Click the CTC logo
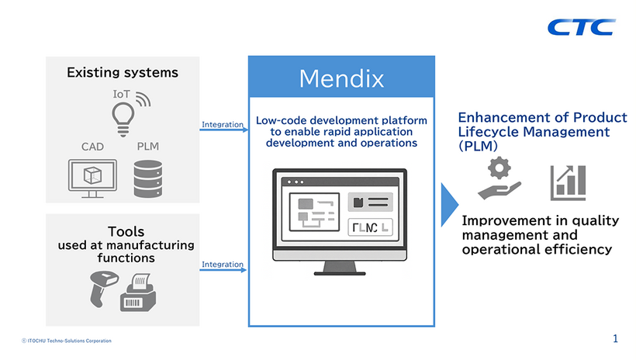point(581,27)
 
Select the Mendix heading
point(341,78)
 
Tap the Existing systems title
point(123,73)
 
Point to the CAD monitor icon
point(92,178)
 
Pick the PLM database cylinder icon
point(148,178)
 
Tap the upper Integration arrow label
point(223,124)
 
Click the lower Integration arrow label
point(223,265)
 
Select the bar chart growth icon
point(568,182)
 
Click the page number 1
point(615,338)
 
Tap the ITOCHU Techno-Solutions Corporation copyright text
point(67,341)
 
